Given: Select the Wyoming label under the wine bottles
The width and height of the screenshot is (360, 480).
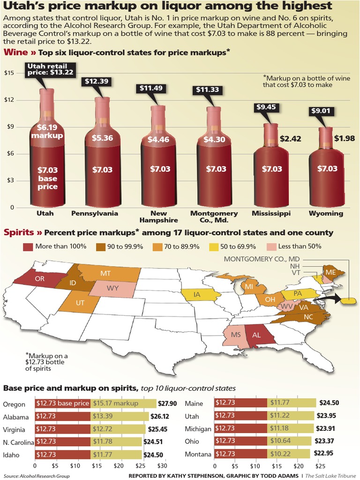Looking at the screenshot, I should [x=326, y=213].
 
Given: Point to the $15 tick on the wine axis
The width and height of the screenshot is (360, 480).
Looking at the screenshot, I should [x=9, y=73].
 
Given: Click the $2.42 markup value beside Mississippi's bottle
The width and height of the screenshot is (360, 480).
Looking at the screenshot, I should [x=290, y=139].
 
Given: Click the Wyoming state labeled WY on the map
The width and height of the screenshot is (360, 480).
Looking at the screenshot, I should [x=112, y=288].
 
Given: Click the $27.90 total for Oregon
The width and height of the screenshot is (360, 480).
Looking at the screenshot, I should [x=167, y=404].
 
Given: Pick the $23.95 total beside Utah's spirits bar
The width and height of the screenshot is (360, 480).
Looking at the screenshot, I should [x=329, y=416].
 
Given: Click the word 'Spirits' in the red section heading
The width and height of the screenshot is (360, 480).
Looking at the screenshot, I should [x=19, y=232].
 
